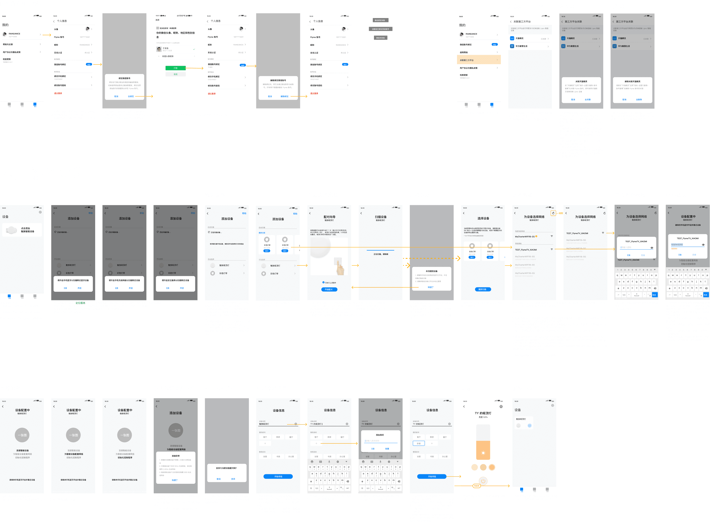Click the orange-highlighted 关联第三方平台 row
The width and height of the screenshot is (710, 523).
478,60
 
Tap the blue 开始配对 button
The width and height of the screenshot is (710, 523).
329,289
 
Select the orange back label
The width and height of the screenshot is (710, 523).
477,486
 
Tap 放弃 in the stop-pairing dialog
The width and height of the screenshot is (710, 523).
233,479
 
